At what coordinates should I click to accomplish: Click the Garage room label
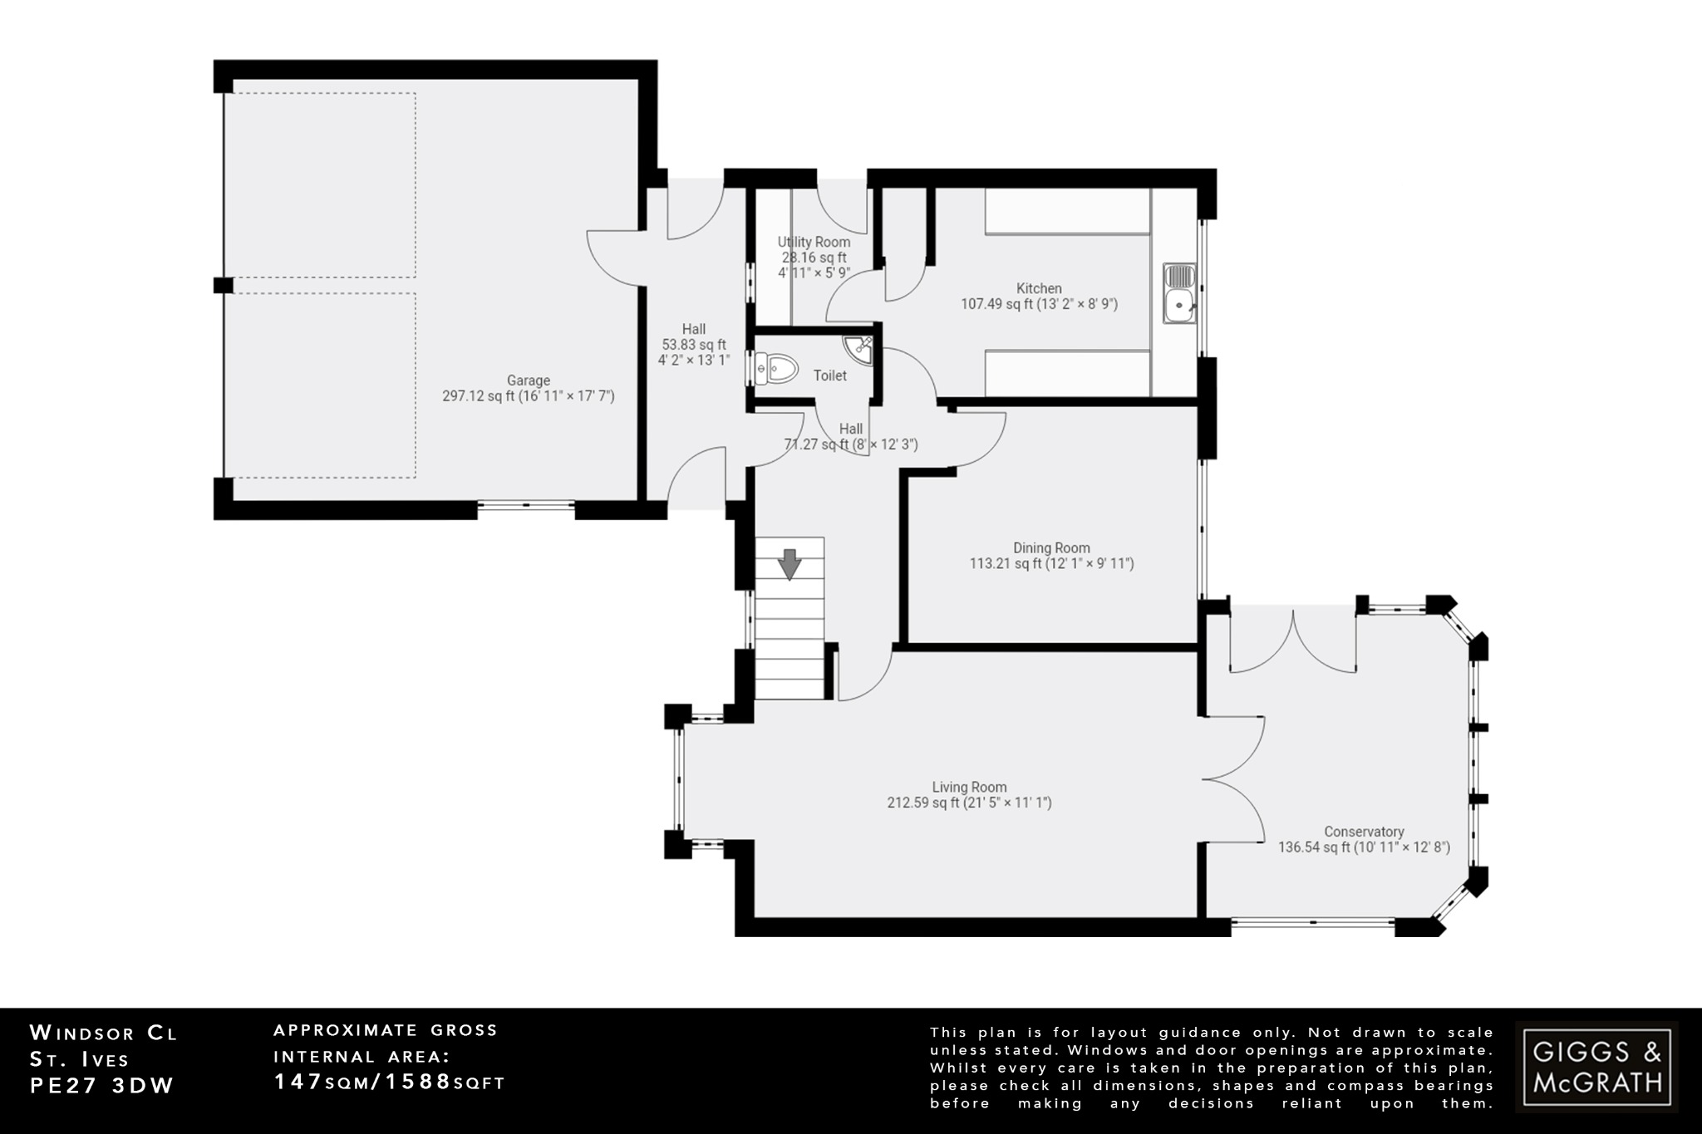pyautogui.click(x=528, y=381)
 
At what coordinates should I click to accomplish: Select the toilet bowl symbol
pyautogui.click(x=776, y=368)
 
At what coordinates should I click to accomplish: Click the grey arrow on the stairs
pyautogui.click(x=790, y=564)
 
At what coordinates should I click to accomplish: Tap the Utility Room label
pyautogui.click(x=814, y=242)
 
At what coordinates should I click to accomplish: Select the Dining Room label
pyautogui.click(x=1051, y=547)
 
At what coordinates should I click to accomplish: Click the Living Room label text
pyautogui.click(x=969, y=787)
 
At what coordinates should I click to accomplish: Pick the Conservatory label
pyautogui.click(x=1364, y=832)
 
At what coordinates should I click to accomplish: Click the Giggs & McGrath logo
pyautogui.click(x=1596, y=1067)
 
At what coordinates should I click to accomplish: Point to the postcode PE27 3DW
pyautogui.click(x=102, y=1087)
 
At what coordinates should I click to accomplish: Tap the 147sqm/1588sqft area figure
pyautogui.click(x=389, y=1082)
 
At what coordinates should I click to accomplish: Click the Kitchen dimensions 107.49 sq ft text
pyautogui.click(x=1039, y=304)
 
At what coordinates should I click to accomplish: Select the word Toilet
pyautogui.click(x=829, y=376)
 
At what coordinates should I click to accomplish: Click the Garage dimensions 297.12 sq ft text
pyautogui.click(x=528, y=396)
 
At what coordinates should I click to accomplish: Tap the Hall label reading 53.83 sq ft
pyautogui.click(x=693, y=345)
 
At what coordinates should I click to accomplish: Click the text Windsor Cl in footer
pyautogui.click(x=104, y=1033)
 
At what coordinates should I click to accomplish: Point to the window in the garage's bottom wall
pyautogui.click(x=526, y=504)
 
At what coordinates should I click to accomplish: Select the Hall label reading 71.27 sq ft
pyautogui.click(x=851, y=444)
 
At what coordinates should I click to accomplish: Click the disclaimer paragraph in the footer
pyautogui.click(x=1211, y=1068)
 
